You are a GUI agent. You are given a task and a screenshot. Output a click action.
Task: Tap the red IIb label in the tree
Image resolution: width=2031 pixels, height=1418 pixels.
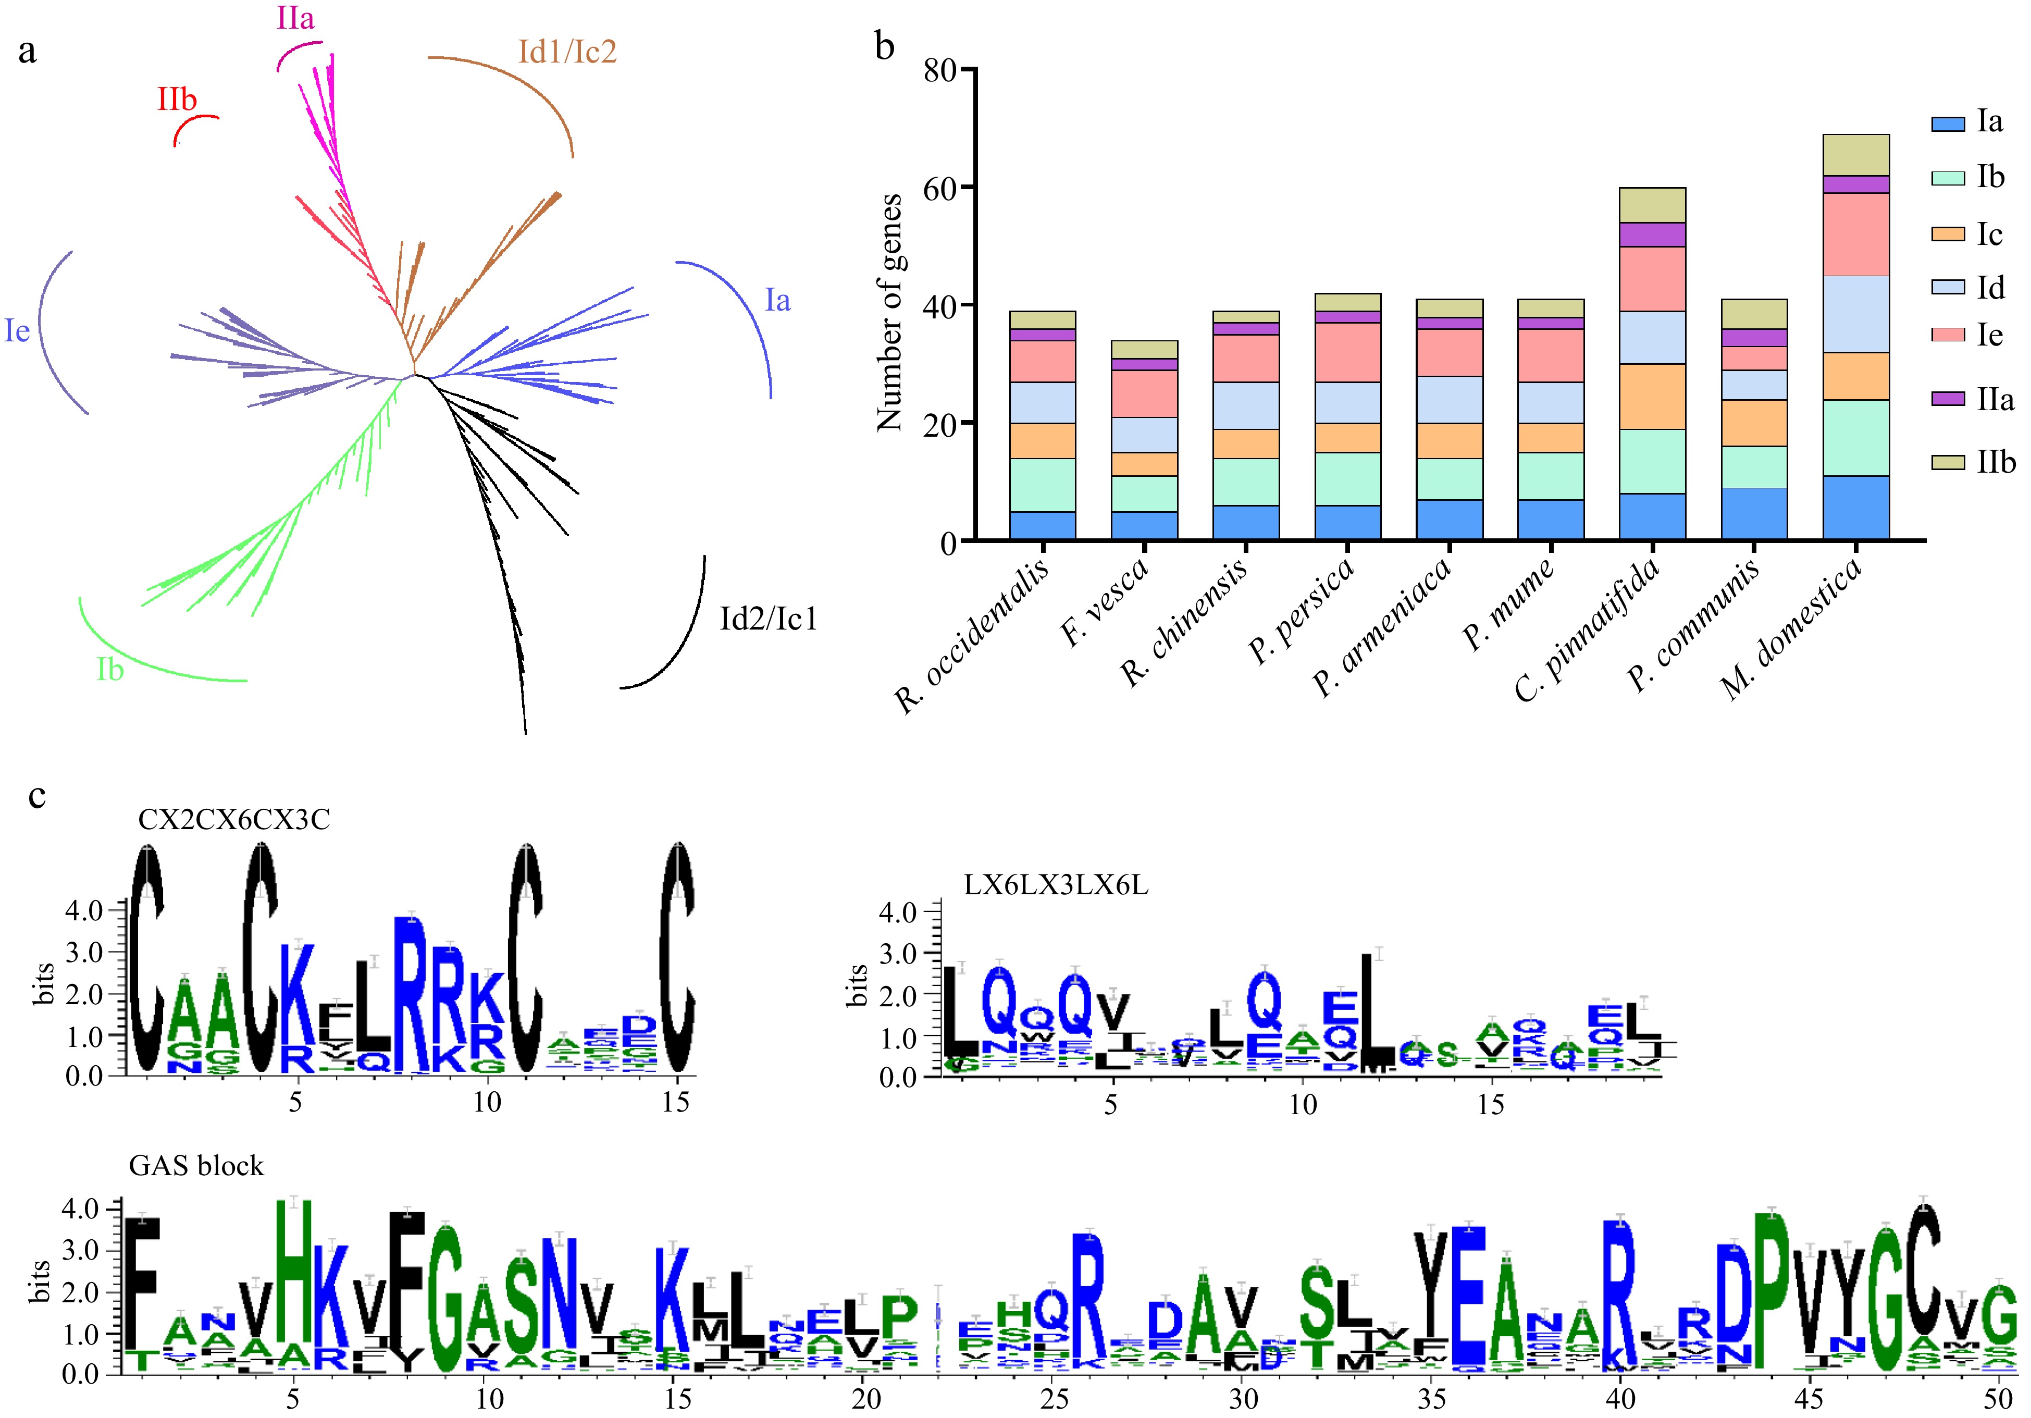[177, 99]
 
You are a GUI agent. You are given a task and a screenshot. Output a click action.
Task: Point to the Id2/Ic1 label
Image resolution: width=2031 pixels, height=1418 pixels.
[768, 619]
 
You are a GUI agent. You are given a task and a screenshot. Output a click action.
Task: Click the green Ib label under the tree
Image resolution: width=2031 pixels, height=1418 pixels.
[110, 670]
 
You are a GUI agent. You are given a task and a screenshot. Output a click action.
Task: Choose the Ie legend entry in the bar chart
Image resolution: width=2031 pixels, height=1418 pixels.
[1989, 335]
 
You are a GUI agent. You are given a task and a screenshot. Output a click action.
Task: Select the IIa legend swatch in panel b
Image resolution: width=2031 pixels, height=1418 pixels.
[1947, 399]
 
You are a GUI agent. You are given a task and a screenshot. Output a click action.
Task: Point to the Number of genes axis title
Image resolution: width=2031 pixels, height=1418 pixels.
[889, 312]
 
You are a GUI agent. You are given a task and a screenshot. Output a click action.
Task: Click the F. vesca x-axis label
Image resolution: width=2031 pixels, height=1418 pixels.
[1106, 601]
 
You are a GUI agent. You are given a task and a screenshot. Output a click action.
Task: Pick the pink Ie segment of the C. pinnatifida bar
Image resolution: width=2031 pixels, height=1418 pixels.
[1652, 279]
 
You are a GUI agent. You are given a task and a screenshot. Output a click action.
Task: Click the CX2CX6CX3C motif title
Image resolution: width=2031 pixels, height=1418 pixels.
[233, 820]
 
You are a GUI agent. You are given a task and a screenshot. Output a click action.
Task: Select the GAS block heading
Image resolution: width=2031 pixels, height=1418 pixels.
[196, 1166]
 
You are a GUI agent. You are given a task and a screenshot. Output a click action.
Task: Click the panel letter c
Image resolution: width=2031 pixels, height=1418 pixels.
[36, 795]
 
